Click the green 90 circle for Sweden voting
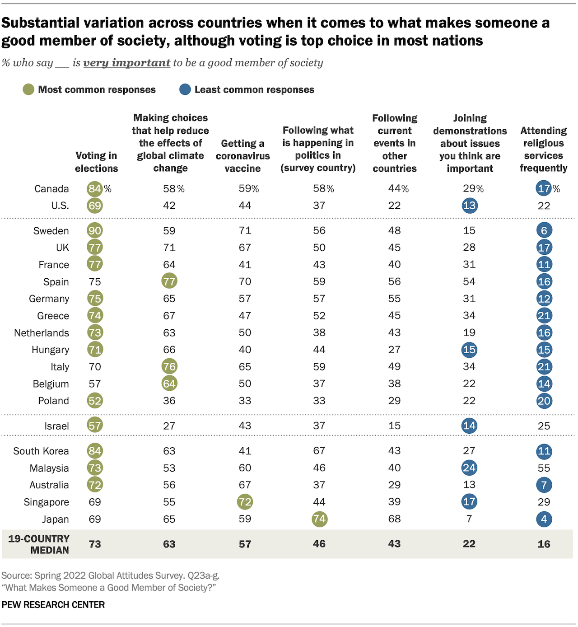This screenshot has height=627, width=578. pyautogui.click(x=95, y=230)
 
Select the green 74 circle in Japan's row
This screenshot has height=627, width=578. pyautogui.click(x=319, y=519)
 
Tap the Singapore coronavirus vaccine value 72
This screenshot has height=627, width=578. pyautogui.click(x=245, y=502)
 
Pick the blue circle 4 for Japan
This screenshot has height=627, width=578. pyautogui.click(x=544, y=519)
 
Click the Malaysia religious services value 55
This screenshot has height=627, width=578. pyautogui.click(x=544, y=468)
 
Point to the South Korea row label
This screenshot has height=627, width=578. pyautogui.click(x=41, y=451)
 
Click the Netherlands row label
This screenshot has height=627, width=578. pyautogui.click(x=42, y=333)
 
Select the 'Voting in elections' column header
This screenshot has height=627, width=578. pyautogui.click(x=96, y=162)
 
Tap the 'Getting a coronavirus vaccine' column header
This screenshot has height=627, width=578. pyautogui.click(x=243, y=156)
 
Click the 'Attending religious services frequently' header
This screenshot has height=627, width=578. pyautogui.click(x=543, y=149)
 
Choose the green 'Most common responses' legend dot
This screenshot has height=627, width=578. pyautogui.click(x=28, y=89)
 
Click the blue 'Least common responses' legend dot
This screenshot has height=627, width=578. pyautogui.click(x=185, y=89)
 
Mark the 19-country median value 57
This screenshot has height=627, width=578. pyautogui.click(x=245, y=544)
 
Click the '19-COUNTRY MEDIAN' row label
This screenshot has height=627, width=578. pyautogui.click(x=39, y=544)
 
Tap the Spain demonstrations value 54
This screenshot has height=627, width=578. pyautogui.click(x=469, y=281)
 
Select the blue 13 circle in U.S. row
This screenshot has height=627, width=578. pyautogui.click(x=469, y=206)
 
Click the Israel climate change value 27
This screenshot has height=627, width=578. pyautogui.click(x=169, y=426)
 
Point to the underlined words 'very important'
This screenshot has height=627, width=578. pyautogui.click(x=126, y=63)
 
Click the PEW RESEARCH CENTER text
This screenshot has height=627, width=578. pyautogui.click(x=53, y=605)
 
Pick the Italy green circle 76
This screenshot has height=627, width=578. pyautogui.click(x=169, y=366)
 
